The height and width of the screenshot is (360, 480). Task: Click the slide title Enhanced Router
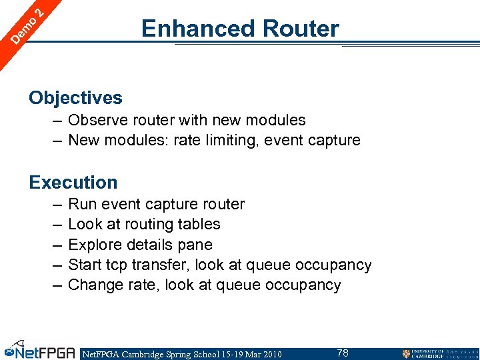point(240,29)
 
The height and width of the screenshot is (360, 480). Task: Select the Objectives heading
point(75,98)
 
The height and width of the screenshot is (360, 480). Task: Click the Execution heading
point(73,182)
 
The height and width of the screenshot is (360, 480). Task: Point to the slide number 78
point(343,353)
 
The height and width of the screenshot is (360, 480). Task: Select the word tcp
point(117,265)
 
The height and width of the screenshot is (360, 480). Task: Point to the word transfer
point(160,265)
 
